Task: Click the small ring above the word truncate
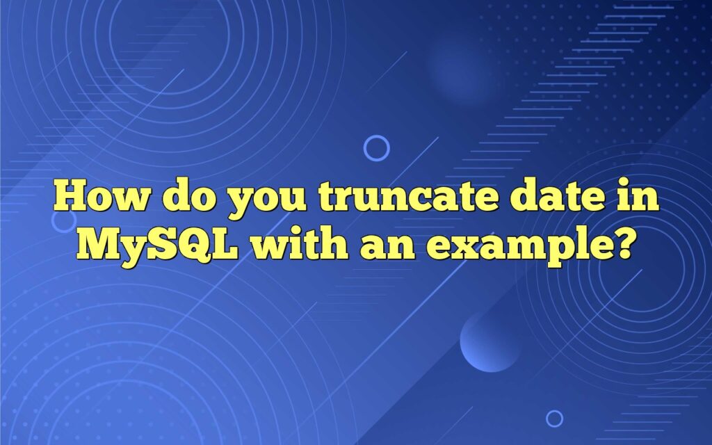(377, 147)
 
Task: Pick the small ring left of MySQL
(64, 220)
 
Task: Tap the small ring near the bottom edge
(554, 418)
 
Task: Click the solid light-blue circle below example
(489, 341)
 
